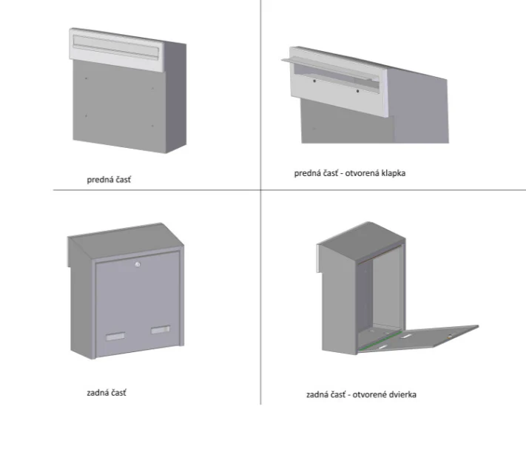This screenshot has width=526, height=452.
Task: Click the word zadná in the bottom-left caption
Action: pyautogui.click(x=96, y=393)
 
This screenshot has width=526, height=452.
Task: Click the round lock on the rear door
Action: pyautogui.click(x=138, y=264)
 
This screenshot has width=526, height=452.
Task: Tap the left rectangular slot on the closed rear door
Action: pyautogui.click(x=115, y=337)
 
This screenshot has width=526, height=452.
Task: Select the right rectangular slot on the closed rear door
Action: pyautogui.click(x=161, y=330)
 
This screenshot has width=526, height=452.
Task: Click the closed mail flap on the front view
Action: pyautogui.click(x=115, y=47)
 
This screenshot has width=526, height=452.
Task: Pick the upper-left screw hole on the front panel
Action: pyautogui.click(x=87, y=78)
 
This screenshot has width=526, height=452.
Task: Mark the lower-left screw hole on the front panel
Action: pyautogui.click(x=87, y=115)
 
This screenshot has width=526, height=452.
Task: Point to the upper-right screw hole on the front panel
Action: pyautogui.click(x=152, y=89)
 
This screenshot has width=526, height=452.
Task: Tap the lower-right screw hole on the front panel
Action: pyautogui.click(x=152, y=126)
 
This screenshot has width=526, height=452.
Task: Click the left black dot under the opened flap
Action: pyautogui.click(x=314, y=81)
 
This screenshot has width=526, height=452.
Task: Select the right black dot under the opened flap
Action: pyautogui.click(x=357, y=91)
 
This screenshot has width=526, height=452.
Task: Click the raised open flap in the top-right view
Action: pyautogui.click(x=331, y=70)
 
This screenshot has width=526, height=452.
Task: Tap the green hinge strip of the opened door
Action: pyautogui.click(x=380, y=342)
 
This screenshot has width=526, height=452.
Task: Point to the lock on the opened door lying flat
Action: pyautogui.click(x=450, y=336)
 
